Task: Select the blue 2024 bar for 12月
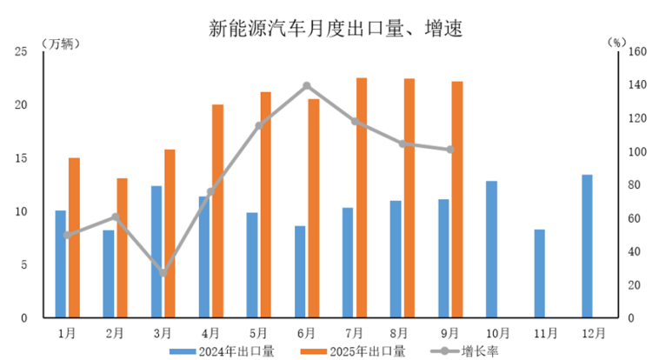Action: [x=587, y=246]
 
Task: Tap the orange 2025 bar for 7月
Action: [x=362, y=198]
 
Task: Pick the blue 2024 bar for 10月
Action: [x=491, y=250]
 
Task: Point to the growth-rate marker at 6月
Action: [x=307, y=86]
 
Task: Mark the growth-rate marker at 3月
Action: [x=163, y=273]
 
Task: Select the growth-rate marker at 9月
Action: [x=450, y=150]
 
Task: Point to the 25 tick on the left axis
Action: [x=23, y=52]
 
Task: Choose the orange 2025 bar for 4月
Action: [x=217, y=211]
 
